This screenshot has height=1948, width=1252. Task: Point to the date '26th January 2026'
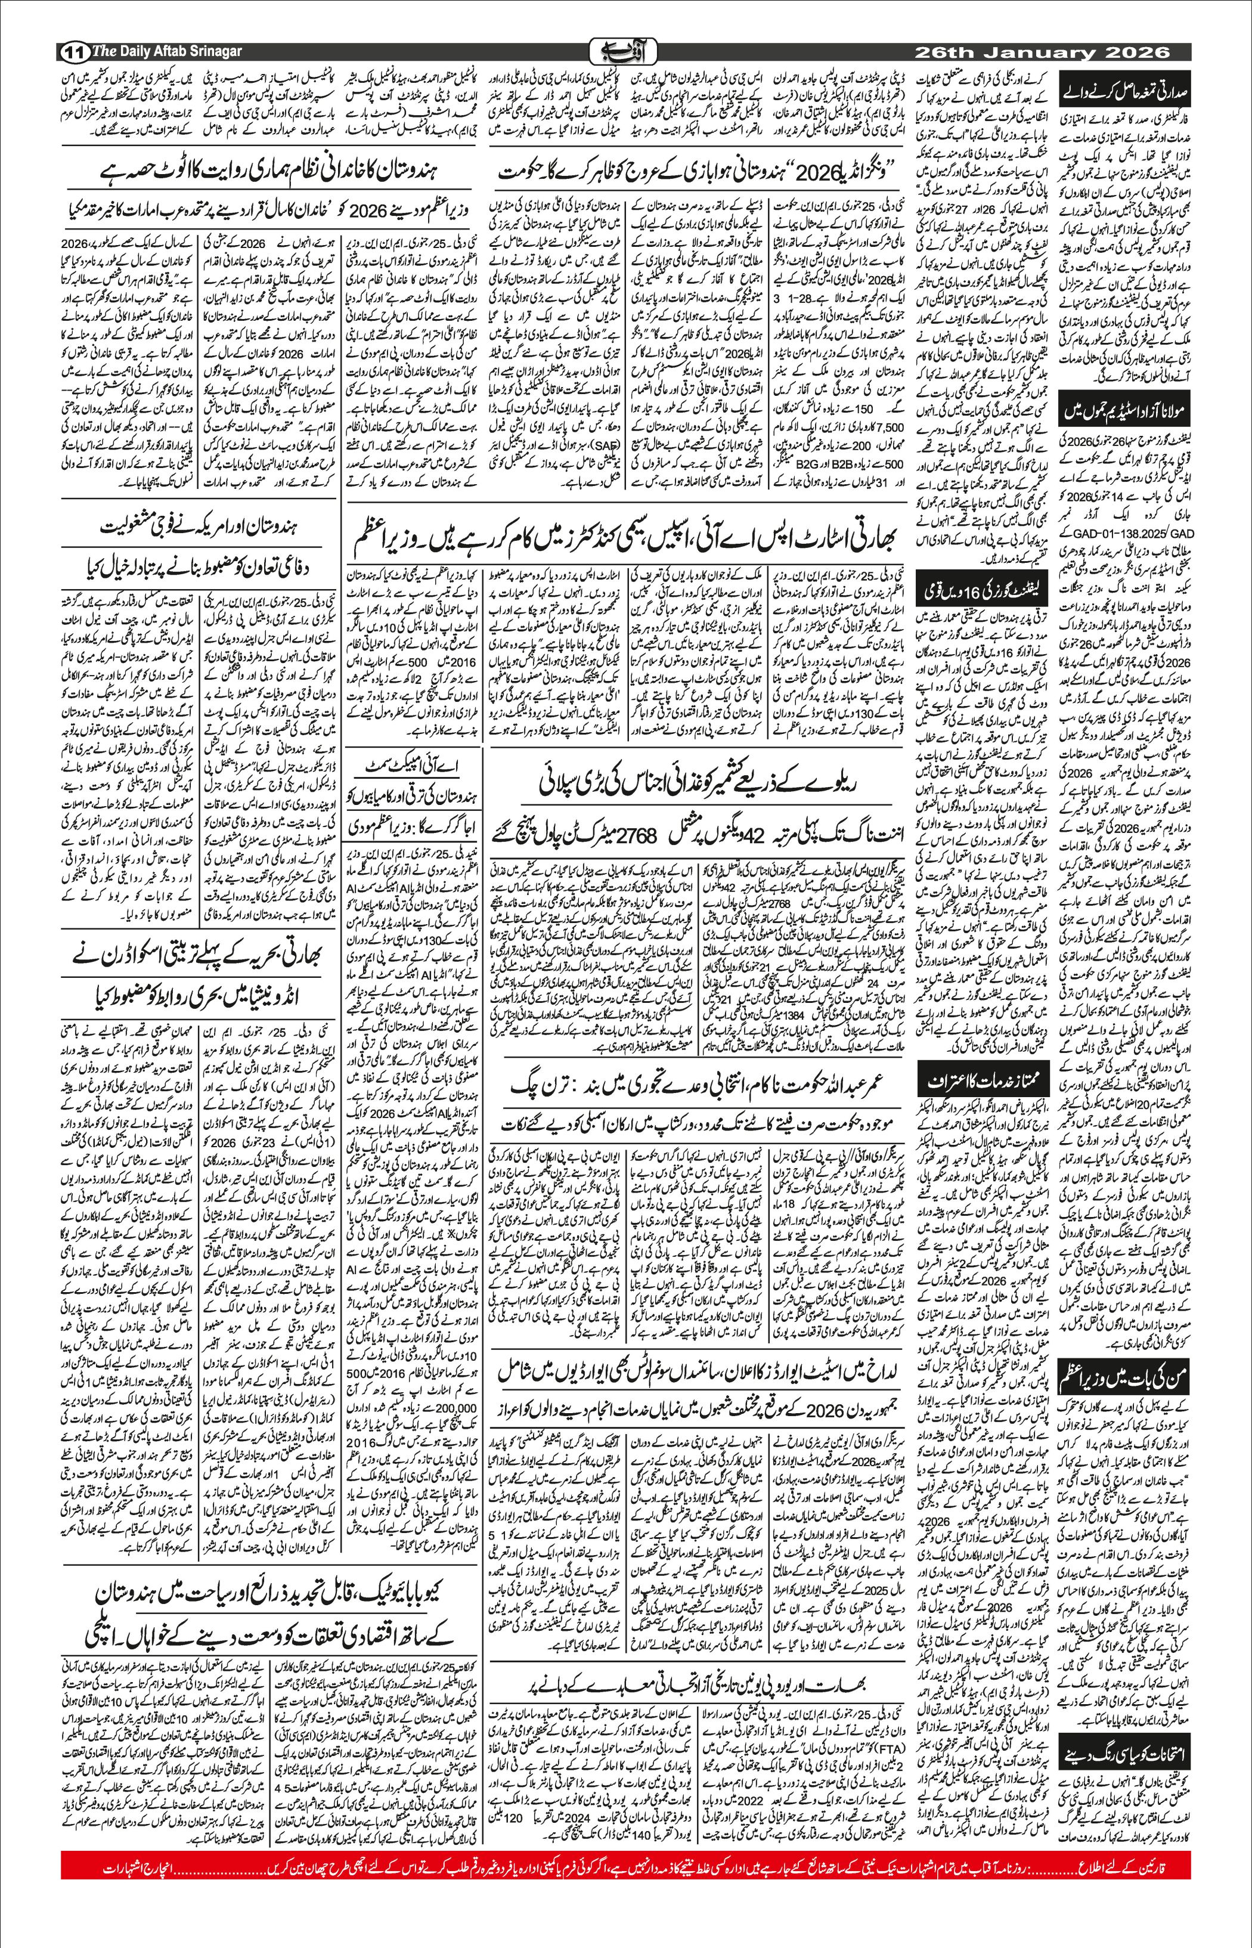[x=1042, y=52]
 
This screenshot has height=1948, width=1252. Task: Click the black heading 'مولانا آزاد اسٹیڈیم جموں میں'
[x=1127, y=413]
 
